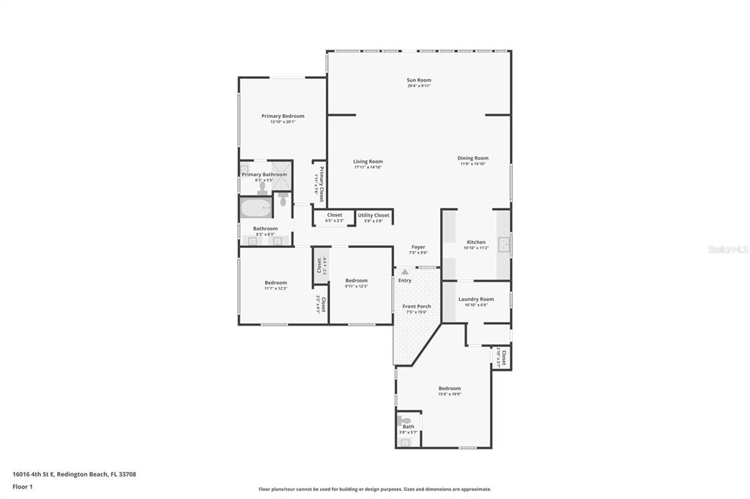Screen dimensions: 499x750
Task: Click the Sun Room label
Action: (x=419, y=80)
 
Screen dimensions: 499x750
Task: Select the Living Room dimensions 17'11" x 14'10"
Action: (x=368, y=167)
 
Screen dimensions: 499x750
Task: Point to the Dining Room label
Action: (x=472, y=158)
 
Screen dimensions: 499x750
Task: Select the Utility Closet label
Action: (x=374, y=215)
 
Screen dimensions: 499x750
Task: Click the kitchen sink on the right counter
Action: (x=504, y=244)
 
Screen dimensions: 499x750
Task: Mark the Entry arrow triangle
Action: (x=404, y=271)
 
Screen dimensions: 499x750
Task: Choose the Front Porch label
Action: (x=417, y=306)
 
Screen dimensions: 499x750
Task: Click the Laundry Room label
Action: (x=476, y=299)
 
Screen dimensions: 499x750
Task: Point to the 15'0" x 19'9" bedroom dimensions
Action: (x=449, y=394)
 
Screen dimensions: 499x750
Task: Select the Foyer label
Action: (x=417, y=247)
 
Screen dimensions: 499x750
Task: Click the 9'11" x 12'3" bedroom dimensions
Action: (x=356, y=286)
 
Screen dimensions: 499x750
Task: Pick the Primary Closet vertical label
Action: (x=321, y=182)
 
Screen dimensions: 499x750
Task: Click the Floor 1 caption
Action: (x=23, y=487)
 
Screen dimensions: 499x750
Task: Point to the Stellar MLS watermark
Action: (x=727, y=249)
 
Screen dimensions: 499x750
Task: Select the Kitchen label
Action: (x=476, y=242)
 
